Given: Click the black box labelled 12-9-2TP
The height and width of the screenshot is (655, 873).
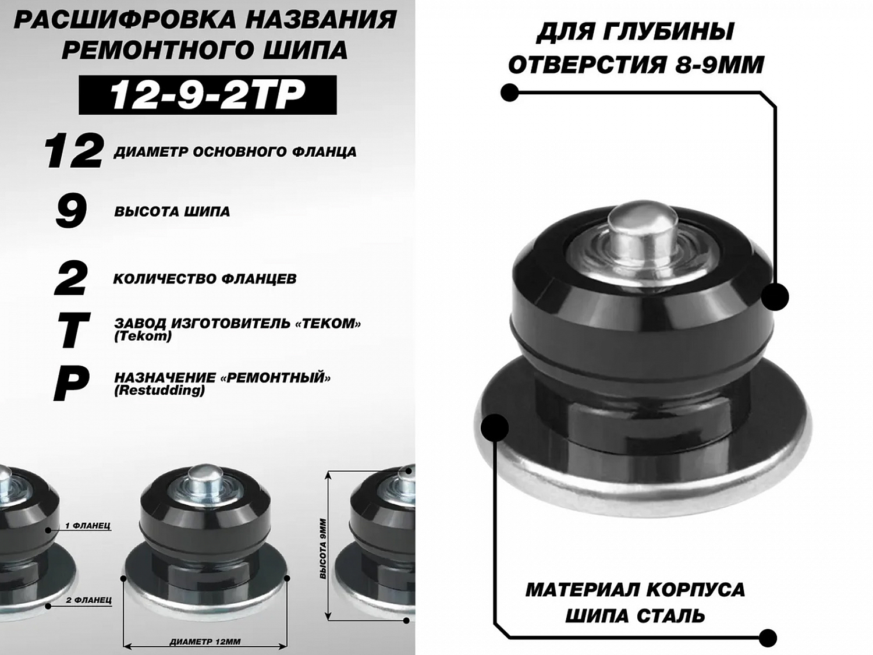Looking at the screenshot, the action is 208,95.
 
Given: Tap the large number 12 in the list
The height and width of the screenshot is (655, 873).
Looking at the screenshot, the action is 73,151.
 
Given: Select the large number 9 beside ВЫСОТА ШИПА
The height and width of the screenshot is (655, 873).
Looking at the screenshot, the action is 72,211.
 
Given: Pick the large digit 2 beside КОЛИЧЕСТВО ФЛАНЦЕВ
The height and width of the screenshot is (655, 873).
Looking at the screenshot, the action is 71,278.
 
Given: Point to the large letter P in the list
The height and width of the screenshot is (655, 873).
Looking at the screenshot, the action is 71,384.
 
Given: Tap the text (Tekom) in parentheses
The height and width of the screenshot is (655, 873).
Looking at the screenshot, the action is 143,337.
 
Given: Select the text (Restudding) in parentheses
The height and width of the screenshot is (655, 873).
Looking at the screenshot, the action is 159,391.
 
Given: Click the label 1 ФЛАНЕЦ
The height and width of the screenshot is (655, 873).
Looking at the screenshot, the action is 88,526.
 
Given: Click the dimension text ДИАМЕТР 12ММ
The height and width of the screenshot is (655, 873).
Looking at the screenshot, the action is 205,642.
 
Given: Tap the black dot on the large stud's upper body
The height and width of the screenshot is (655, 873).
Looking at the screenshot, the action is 775,297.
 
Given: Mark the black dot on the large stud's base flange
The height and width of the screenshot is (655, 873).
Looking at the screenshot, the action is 494,427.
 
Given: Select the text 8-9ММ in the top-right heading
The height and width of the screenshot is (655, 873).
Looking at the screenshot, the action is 719,65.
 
